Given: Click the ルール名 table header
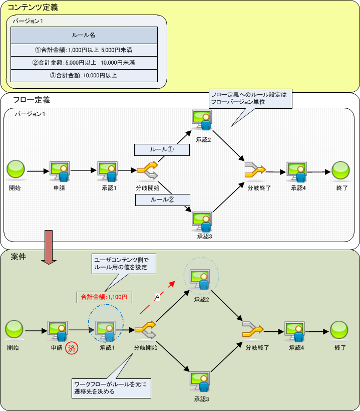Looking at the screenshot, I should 84,36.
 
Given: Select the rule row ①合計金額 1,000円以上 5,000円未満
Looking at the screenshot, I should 84,50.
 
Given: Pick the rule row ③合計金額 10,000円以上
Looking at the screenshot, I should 84,75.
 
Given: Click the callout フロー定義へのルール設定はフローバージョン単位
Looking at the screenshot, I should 250,98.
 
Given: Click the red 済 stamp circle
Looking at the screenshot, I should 73,348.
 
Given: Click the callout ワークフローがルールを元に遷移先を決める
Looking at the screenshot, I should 111,387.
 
